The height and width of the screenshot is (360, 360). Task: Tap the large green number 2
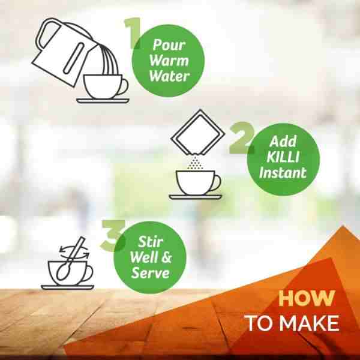[242, 138]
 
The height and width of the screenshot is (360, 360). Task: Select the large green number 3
[113, 235]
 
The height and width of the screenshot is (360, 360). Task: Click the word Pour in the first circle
[169, 44]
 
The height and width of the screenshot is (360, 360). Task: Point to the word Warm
[169, 60]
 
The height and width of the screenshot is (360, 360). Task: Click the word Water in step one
[169, 76]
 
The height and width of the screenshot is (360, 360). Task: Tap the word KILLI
[283, 157]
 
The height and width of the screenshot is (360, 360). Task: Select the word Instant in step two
[283, 172]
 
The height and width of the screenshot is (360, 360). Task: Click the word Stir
[151, 242]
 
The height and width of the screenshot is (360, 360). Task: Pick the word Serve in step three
[151, 273]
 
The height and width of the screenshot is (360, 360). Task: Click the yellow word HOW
[307, 298]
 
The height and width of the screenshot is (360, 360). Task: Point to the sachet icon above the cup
[198, 132]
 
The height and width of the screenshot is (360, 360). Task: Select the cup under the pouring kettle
[106, 87]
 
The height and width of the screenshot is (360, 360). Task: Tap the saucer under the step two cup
[196, 197]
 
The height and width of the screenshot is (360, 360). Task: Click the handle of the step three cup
[89, 273]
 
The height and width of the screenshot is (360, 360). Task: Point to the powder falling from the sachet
[195, 163]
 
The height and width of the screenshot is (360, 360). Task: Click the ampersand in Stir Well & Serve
[166, 257]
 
